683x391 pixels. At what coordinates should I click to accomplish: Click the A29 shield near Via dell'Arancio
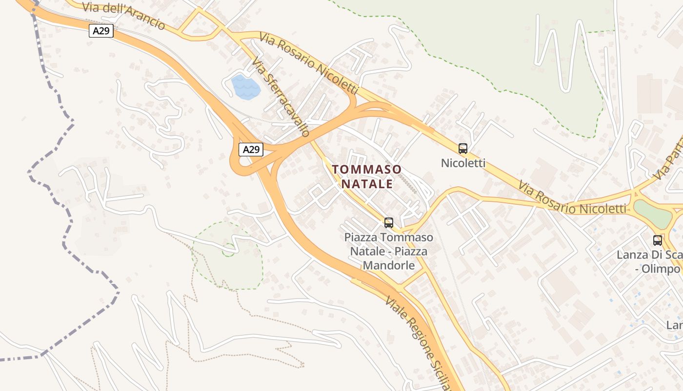pyautogui.click(x=101, y=31)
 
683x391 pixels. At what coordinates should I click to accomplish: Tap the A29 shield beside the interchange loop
pyautogui.click(x=251, y=149)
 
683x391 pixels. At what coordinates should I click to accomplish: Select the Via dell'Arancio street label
pyautogui.click(x=124, y=16)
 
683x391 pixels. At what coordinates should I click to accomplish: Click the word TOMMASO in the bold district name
pyautogui.click(x=367, y=170)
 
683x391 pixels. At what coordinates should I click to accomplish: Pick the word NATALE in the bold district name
pyautogui.click(x=367, y=184)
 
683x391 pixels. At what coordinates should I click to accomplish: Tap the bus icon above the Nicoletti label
pyautogui.click(x=462, y=149)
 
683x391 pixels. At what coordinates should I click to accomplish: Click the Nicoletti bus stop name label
pyautogui.click(x=463, y=163)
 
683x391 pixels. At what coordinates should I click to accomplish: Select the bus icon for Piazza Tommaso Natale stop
pyautogui.click(x=388, y=223)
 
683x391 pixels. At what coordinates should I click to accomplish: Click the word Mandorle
pyautogui.click(x=388, y=265)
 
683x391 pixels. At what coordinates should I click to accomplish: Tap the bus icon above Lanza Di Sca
pyautogui.click(x=658, y=240)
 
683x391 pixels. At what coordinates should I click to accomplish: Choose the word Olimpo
pyautogui.click(x=661, y=269)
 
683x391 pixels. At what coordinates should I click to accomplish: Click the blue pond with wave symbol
pyautogui.click(x=246, y=87)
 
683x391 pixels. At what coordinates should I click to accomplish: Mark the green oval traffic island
pyautogui.click(x=653, y=213)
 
